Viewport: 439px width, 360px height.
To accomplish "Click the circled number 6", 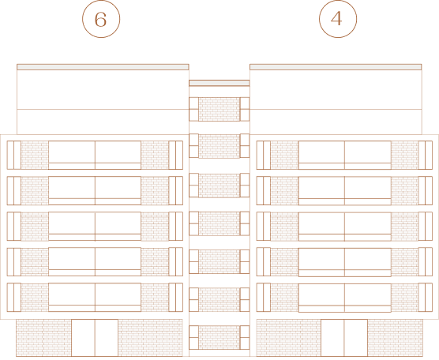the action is [101, 19].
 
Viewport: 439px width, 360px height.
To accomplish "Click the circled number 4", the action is [338, 19].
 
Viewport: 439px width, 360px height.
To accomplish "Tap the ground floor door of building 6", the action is [95, 338].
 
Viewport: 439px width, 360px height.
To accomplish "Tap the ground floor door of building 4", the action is [344, 338].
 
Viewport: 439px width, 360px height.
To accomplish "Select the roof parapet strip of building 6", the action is [103, 67].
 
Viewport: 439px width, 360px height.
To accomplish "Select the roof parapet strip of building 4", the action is [336, 67].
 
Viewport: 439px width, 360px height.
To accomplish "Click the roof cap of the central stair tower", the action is [219, 83].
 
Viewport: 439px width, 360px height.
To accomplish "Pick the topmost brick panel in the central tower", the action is [219, 109].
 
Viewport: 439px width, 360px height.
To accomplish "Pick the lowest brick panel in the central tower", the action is [219, 337].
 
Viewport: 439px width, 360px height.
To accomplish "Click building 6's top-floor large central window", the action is [95, 155].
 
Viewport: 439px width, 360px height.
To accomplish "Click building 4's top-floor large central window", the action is [345, 155].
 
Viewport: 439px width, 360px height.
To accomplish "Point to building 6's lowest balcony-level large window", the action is [95, 298].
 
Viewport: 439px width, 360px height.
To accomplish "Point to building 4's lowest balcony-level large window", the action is [345, 298].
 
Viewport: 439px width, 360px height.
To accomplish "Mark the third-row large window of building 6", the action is [95, 227].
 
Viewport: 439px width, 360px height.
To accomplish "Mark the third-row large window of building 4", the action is [345, 227].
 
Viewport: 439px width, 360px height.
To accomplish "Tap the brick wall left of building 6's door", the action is [43, 338].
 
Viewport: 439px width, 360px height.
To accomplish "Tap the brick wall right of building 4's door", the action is [396, 338].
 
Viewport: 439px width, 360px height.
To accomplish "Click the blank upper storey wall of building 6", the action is [103, 102].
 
